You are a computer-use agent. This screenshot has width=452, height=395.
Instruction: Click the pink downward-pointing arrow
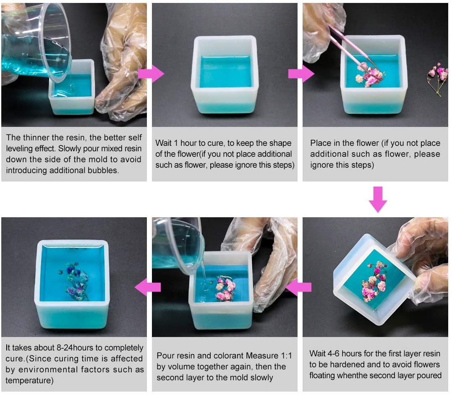click(x=378, y=199)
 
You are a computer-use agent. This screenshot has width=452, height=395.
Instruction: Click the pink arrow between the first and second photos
click(x=151, y=74)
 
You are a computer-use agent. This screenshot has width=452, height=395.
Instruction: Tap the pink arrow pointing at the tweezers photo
click(x=301, y=74)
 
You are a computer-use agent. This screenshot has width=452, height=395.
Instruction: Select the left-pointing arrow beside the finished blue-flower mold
click(x=148, y=287)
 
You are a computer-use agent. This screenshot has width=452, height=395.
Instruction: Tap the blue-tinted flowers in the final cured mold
click(x=74, y=281)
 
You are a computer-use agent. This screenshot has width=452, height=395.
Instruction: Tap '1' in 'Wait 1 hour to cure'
click(x=175, y=143)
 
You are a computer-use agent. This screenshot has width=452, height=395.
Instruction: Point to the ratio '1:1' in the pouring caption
click(x=286, y=355)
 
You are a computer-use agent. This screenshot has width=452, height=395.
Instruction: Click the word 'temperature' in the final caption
click(x=29, y=381)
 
